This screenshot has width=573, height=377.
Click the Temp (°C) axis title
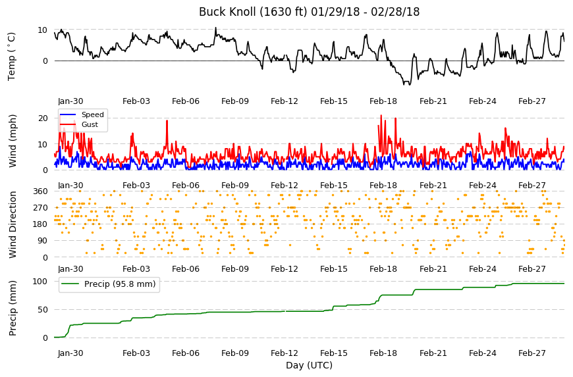point(12,57)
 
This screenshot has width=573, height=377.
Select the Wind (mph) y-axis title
point(13,141)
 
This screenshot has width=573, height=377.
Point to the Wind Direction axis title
point(13,224)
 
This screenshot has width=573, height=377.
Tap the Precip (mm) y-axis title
point(13,308)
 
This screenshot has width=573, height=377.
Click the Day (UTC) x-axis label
point(309,365)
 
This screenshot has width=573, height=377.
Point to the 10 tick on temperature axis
point(42,30)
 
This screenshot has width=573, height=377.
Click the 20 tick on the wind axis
point(43,118)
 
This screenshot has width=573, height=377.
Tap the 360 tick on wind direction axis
point(41,191)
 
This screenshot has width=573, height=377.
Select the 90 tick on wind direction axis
point(43,241)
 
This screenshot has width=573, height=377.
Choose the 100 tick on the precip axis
point(40,282)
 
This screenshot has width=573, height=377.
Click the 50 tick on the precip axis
point(43,310)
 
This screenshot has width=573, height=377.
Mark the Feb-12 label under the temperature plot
point(285,101)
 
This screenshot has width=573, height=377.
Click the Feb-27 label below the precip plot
point(532,353)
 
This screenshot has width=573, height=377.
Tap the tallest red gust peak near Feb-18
point(381,115)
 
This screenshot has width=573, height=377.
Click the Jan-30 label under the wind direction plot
point(70,269)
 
